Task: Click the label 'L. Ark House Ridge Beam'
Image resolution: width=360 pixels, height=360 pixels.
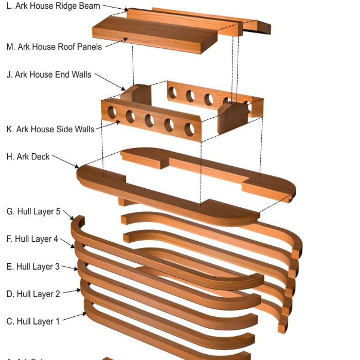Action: coord(53,6)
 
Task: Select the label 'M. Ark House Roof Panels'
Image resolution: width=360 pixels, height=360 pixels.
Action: coord(54,47)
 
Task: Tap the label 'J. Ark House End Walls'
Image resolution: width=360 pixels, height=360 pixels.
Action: coord(49,75)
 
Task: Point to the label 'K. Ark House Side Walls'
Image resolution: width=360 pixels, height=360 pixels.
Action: coord(50,129)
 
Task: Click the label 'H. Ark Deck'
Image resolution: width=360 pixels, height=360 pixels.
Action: coord(28,156)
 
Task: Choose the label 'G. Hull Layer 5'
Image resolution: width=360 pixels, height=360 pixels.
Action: coord(33,211)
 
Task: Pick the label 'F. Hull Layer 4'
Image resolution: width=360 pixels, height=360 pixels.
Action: coord(32,239)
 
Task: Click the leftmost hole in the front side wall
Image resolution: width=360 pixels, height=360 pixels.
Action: coord(112,112)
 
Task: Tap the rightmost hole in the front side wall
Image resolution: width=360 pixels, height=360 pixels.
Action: coord(189,129)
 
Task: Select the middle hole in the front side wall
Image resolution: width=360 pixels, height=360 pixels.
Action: coord(149,121)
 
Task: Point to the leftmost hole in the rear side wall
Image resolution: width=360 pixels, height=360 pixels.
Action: coord(172,93)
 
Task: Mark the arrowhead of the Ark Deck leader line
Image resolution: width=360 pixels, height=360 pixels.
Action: coord(79,168)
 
